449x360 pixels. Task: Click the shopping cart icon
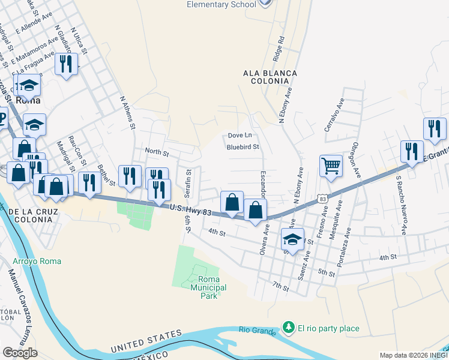point(331,166)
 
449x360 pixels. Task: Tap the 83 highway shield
point(323,198)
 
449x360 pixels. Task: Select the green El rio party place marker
point(289,328)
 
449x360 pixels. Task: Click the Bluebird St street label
point(243,146)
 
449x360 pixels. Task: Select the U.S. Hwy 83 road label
point(190,209)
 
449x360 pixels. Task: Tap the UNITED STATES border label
point(146,341)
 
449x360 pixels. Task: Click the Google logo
point(20,353)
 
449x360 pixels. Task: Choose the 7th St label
point(280,287)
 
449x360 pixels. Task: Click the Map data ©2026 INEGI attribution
point(413,355)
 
